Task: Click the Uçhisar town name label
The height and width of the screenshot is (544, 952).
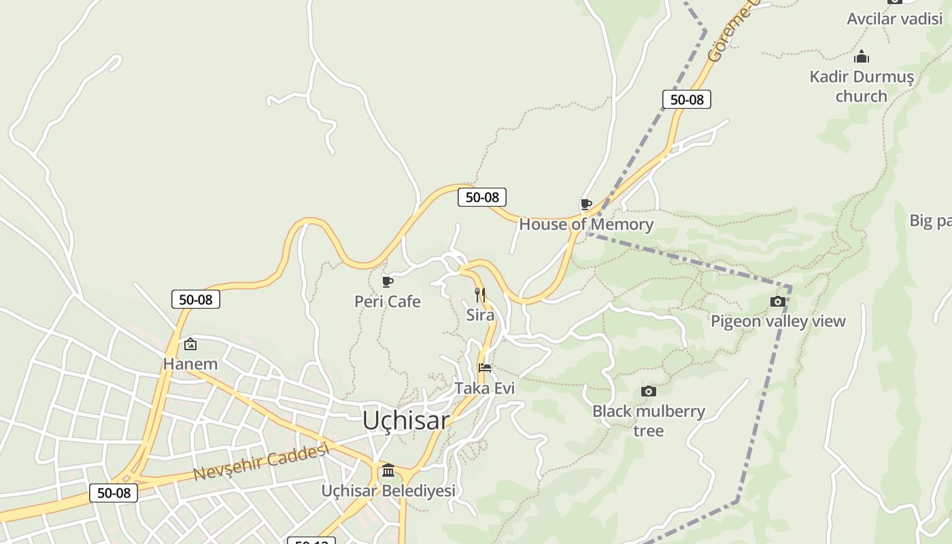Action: (406, 420)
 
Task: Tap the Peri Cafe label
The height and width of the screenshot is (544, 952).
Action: (388, 301)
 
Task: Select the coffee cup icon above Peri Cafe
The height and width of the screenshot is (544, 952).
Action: (388, 282)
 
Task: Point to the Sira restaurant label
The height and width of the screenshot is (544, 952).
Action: (480, 315)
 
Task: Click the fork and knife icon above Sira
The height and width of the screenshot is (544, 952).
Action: (480, 294)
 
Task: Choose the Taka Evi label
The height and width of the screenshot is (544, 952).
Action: (485, 388)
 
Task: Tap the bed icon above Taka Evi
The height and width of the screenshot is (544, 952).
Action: (485, 368)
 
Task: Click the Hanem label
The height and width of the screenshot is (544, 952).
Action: (190, 364)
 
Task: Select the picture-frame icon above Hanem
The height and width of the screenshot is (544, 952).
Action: (190, 344)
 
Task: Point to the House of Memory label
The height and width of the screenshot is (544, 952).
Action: (586, 224)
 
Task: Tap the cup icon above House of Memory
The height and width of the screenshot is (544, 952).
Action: (585, 204)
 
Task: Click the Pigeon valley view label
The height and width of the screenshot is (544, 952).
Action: (778, 321)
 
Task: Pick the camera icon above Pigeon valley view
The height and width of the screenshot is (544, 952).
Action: (778, 301)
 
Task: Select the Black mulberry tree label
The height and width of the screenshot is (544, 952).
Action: (649, 420)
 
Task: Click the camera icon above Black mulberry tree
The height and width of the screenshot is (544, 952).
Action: (649, 391)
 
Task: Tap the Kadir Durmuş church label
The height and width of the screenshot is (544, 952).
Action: (862, 86)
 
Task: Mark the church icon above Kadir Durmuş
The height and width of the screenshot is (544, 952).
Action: (862, 56)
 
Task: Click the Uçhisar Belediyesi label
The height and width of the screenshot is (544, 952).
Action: (388, 490)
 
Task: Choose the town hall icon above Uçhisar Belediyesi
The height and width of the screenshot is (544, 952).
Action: (388, 470)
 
